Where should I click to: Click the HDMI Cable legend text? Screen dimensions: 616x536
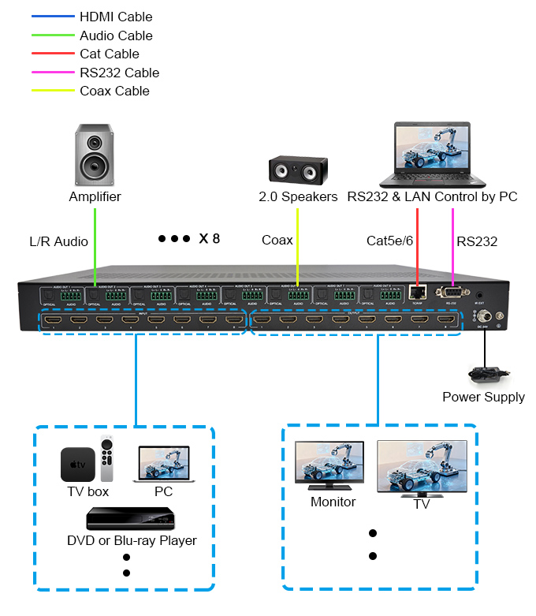tap(116, 17)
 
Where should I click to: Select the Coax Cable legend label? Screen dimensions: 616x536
tap(114, 91)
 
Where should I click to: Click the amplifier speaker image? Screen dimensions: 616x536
tap(95, 155)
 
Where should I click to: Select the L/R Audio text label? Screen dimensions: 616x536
tap(58, 241)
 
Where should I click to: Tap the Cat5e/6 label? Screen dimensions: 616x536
tap(389, 240)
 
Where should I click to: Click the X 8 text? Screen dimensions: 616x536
tap(210, 238)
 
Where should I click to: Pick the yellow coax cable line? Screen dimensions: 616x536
tap(297, 245)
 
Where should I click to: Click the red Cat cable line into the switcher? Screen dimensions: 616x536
tap(417, 245)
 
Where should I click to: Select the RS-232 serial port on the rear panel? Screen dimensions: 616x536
tap(453, 293)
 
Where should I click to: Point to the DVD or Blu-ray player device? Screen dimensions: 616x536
tap(131, 518)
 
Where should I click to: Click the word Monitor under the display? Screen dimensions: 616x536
tap(333, 502)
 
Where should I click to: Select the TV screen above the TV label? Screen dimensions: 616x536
tap(421, 467)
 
